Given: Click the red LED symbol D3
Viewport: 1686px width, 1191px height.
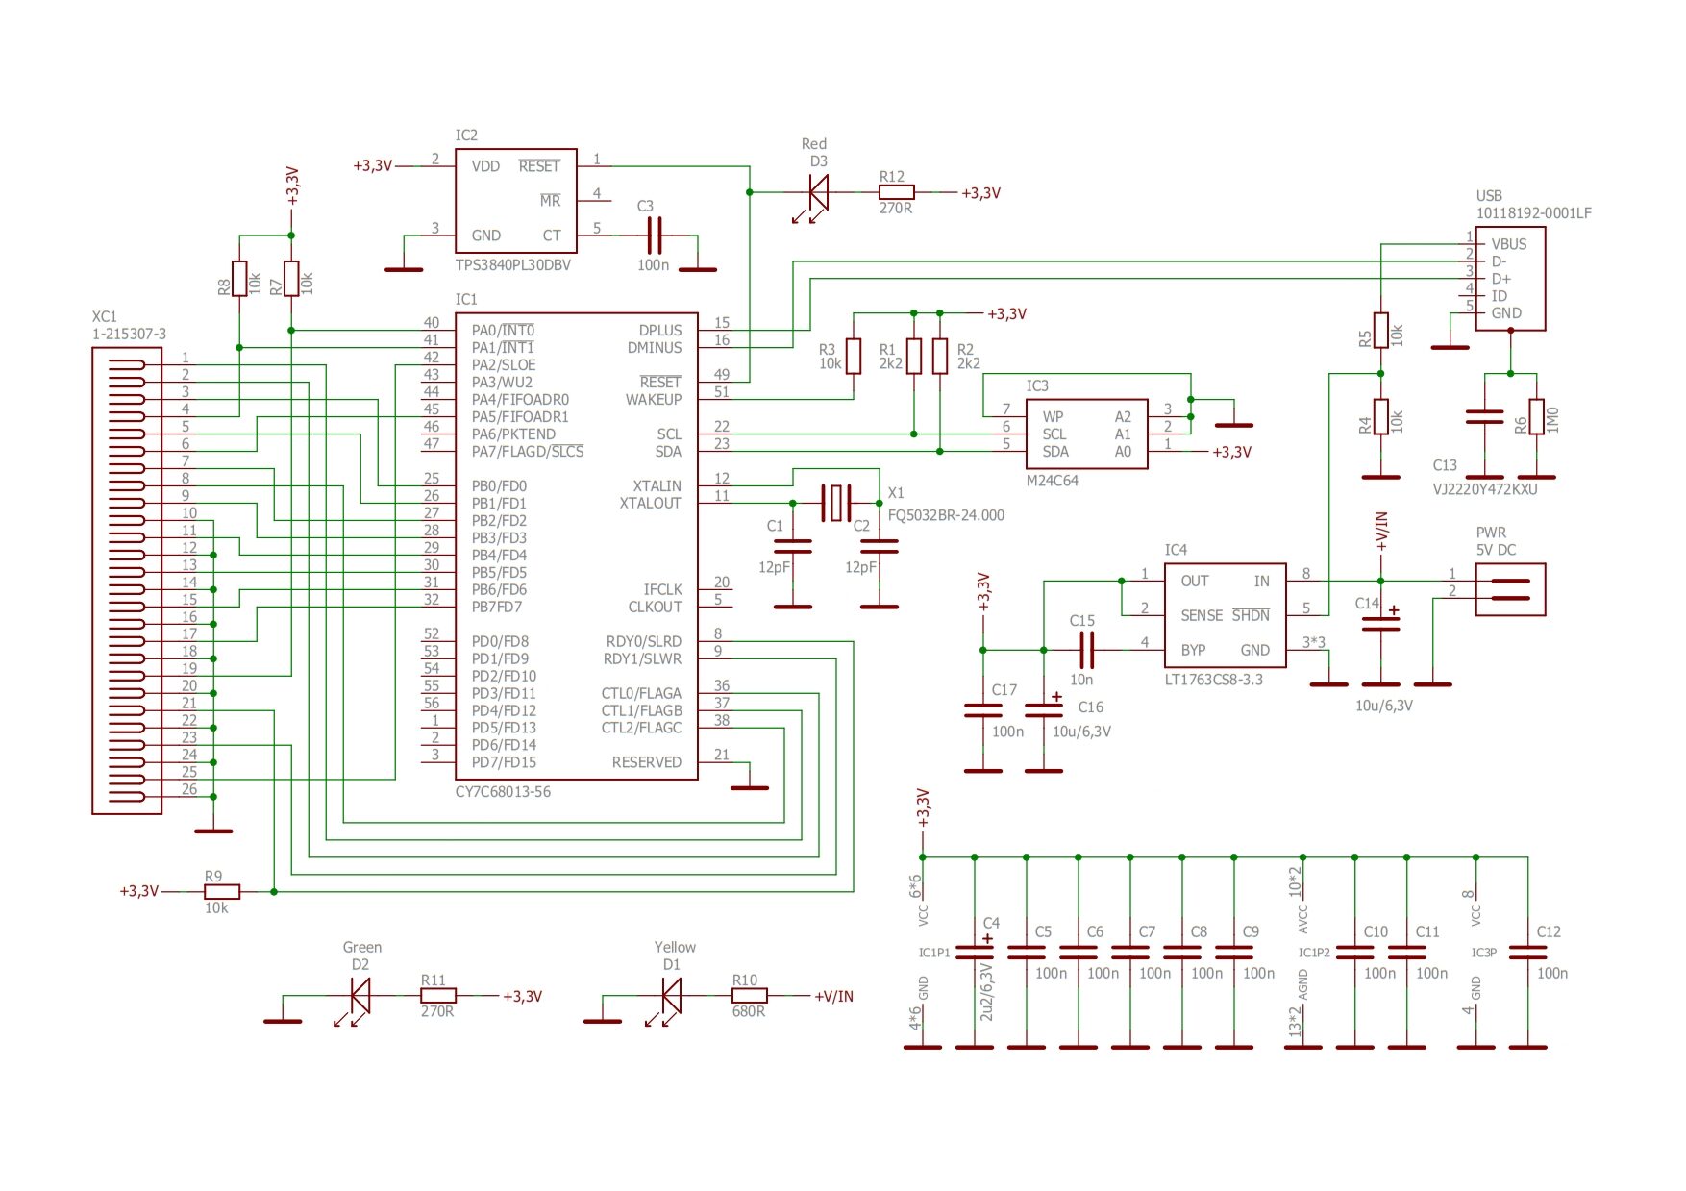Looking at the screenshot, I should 818,192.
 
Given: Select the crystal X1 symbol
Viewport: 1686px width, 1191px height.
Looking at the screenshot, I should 836,503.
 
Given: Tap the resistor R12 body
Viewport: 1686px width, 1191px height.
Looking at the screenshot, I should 896,192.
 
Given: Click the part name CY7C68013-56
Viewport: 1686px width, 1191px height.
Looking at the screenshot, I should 503,792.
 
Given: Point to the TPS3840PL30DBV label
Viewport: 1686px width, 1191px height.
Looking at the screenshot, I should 512,265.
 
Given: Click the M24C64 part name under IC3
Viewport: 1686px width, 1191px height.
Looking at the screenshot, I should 1052,481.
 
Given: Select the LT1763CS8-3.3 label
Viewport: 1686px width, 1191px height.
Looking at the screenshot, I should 1213,680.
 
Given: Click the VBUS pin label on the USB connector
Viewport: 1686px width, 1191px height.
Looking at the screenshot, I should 1508,244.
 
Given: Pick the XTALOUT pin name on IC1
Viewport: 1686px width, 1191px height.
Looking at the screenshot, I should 650,504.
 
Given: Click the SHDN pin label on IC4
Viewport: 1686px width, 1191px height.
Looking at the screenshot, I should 1251,615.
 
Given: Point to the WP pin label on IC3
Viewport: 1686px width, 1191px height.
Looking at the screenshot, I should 1053,417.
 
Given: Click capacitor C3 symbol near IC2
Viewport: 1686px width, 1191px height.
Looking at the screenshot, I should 654,236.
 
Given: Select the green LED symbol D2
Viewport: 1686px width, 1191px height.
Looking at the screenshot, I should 360,996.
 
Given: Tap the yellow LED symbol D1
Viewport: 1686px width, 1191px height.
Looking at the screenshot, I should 671,996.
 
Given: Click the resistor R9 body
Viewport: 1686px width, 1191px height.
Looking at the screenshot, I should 222,892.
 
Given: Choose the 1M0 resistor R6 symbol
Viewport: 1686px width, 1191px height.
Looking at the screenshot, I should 1536,418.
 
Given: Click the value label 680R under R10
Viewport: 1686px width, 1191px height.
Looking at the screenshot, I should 748,1011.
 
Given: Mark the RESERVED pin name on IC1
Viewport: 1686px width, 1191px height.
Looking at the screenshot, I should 646,762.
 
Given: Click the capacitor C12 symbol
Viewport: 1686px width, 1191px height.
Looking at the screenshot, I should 1527,953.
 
